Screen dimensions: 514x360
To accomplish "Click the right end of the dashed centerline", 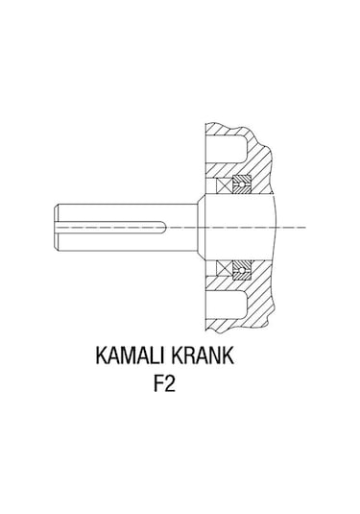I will [x=305, y=227].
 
